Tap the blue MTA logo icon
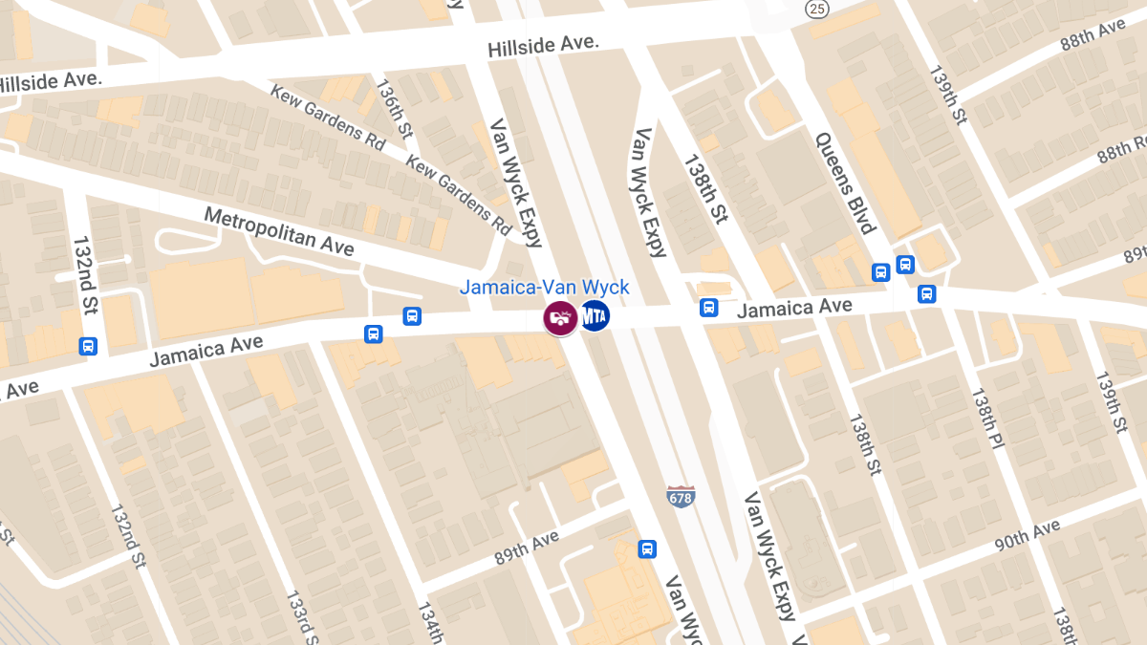[x=595, y=315]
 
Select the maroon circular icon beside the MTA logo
[x=560, y=318]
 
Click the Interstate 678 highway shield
[x=681, y=496]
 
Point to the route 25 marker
[x=815, y=10]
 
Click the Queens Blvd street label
[x=845, y=183]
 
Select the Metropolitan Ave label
[x=279, y=231]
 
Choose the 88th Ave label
[x=1093, y=37]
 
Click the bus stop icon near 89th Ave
[x=647, y=549]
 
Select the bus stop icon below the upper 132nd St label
[x=88, y=347]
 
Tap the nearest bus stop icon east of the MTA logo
[x=708, y=307]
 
